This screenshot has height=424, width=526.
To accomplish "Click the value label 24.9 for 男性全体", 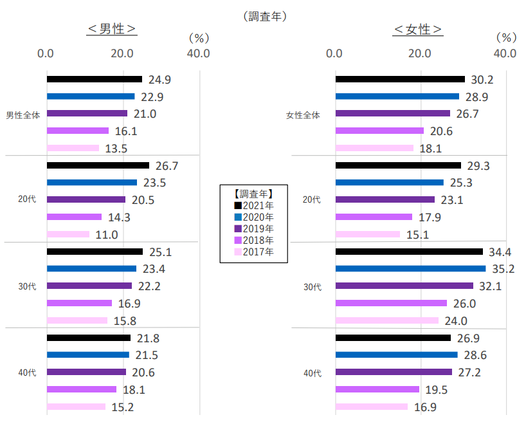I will (x=160, y=80).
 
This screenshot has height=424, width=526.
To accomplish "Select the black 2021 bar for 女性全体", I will (x=400, y=79).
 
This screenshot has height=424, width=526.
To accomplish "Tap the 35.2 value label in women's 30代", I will (x=503, y=269).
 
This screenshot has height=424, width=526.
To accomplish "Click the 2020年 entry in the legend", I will (x=254, y=217).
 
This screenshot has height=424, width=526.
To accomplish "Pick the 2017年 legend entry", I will (x=254, y=252).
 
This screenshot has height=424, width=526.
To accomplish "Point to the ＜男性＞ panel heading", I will (x=113, y=30).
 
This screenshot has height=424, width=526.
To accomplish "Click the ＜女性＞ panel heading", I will (x=418, y=30).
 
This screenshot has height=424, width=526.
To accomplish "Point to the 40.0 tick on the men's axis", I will (x=198, y=53).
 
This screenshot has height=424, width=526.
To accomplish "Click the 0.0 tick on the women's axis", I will (x=334, y=53).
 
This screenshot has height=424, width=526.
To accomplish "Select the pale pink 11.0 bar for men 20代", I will (x=68, y=234).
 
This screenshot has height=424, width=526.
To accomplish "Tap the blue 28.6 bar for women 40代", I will (x=396, y=355).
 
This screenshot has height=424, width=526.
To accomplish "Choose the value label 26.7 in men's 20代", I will (x=167, y=166).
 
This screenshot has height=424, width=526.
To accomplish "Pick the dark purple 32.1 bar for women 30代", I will (x=404, y=286).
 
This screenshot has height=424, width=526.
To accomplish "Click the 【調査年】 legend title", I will (x=254, y=193).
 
